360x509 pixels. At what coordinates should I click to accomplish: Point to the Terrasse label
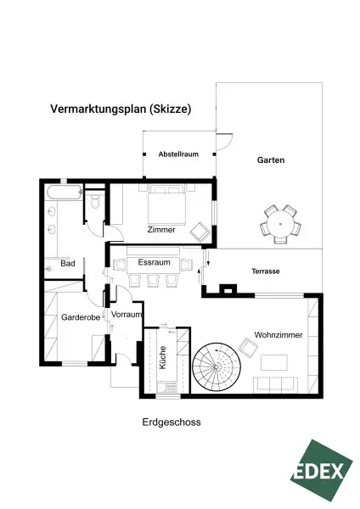[x=265, y=271]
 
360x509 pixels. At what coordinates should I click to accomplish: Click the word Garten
[x=271, y=159]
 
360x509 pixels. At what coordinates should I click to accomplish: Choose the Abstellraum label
[x=177, y=154]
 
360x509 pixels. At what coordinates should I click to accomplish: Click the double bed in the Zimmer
[x=166, y=204]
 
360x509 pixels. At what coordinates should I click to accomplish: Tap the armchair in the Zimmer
[x=202, y=229]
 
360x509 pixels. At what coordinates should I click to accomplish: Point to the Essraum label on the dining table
[x=154, y=263]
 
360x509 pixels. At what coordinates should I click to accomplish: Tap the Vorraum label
[x=126, y=315]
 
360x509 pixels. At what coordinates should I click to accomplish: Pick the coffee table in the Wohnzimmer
[x=273, y=362]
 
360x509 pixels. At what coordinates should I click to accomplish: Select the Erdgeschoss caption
[x=172, y=421]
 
